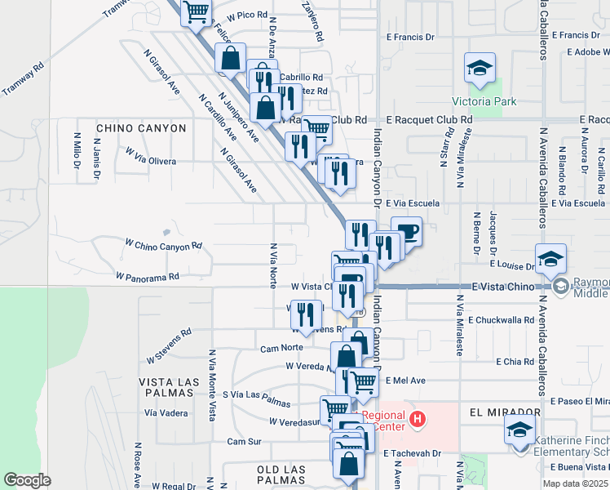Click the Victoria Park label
[484, 102]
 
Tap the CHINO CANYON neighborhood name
[141, 128]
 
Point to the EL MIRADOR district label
[505, 412]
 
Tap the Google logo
[27, 480]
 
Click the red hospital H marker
[418, 420]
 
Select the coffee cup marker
[406, 231]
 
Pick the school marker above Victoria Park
[480, 68]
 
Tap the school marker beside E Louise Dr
[550, 258]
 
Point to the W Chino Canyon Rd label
[163, 245]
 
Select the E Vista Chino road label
[505, 287]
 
